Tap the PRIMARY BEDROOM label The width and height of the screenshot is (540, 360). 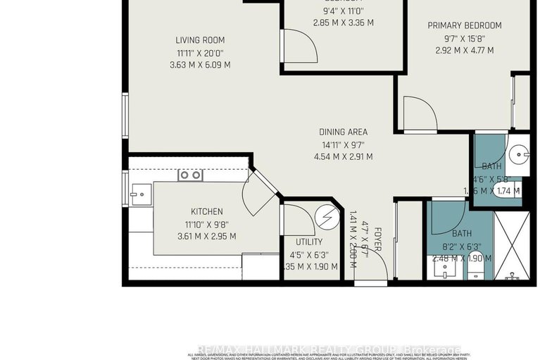[x=461, y=25]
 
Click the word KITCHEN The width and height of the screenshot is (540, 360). [x=207, y=211]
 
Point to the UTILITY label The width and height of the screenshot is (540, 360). [x=309, y=241]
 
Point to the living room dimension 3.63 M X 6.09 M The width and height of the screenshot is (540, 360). [x=200, y=65]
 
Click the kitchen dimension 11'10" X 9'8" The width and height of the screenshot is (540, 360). [x=207, y=224]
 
